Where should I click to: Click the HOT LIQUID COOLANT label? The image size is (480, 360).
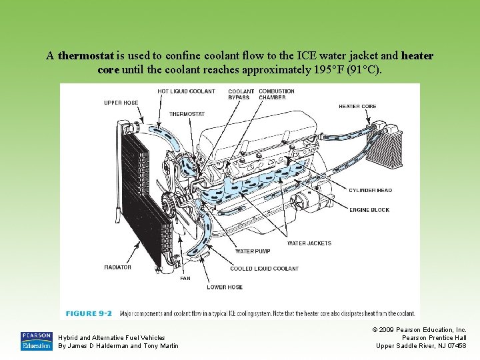186,91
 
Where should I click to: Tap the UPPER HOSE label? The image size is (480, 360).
121,103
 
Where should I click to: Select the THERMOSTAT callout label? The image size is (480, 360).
187,114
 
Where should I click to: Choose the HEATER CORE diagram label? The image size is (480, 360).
357,106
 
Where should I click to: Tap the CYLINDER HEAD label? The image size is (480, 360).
371,191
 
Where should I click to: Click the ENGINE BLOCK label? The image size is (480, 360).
369,210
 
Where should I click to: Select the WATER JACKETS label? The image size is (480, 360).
309,243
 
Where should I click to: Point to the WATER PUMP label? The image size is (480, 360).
253,252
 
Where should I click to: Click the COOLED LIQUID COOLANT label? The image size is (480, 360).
265,269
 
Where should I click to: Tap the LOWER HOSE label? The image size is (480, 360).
225,287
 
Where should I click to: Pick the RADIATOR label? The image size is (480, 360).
117,267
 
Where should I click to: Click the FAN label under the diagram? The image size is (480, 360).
185,279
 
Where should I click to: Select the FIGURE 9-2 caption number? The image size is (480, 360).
89,313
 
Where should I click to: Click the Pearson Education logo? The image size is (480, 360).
36,341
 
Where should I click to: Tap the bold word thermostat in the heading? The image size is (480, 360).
87,56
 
